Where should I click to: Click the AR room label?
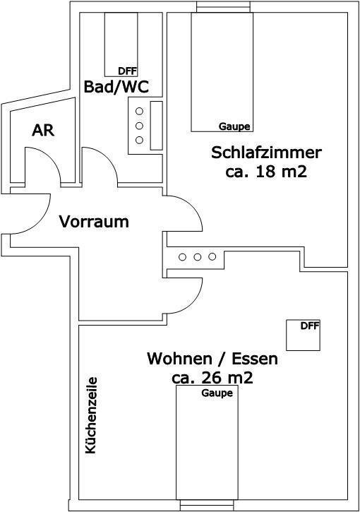tap(43, 130)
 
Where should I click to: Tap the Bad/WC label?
tap(116, 87)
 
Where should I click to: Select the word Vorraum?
tap(94, 222)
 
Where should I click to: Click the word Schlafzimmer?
tap(266, 153)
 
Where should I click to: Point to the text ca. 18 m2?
tap(266, 172)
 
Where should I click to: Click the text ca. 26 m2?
tap(212, 378)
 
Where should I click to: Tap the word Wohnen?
tap(179, 359)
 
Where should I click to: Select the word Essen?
tap(255, 359)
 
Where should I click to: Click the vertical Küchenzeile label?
tap(91, 415)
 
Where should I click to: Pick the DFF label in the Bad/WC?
tap(128, 71)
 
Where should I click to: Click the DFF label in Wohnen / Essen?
tap(310, 326)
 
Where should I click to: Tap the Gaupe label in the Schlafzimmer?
tap(234, 126)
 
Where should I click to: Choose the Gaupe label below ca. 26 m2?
tap(217, 393)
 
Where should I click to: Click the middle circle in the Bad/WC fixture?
tap(139, 126)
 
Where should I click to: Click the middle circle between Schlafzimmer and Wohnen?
tap(197, 257)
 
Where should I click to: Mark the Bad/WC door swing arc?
tap(107, 157)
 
